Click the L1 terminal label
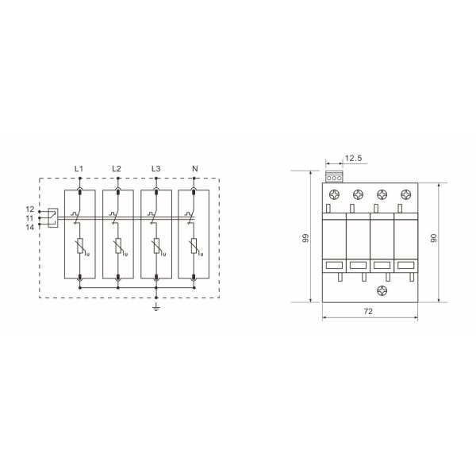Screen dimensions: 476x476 (x=79, y=168)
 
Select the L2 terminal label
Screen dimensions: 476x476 (x=117, y=168)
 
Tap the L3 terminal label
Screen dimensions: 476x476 (x=156, y=168)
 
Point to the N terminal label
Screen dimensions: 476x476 (x=195, y=168)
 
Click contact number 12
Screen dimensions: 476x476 (x=30, y=209)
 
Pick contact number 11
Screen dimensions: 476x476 (x=29, y=218)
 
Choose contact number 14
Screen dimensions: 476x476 (x=30, y=227)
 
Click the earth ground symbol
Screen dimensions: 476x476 (x=156, y=307)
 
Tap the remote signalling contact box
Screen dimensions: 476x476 (x=53, y=217)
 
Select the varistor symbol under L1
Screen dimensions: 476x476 (x=81, y=246)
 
